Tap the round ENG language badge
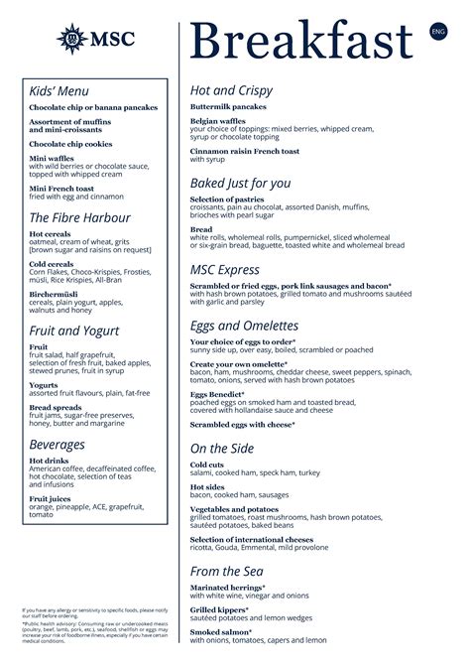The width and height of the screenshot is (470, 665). click(438, 32)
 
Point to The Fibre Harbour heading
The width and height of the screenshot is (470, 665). click(79, 217)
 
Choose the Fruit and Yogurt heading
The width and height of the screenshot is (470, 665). click(74, 331)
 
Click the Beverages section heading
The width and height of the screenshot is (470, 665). click(57, 445)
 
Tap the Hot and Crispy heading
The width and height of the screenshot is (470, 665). click(231, 91)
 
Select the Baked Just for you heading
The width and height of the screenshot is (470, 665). click(240, 183)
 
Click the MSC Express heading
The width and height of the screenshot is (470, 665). click(225, 269)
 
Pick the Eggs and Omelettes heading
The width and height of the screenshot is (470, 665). click(244, 325)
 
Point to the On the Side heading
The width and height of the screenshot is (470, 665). click(224, 448)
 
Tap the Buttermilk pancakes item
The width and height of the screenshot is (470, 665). click(228, 106)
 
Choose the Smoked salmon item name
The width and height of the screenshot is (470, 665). click(220, 631)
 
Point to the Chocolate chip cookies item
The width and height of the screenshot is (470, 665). click(72, 144)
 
